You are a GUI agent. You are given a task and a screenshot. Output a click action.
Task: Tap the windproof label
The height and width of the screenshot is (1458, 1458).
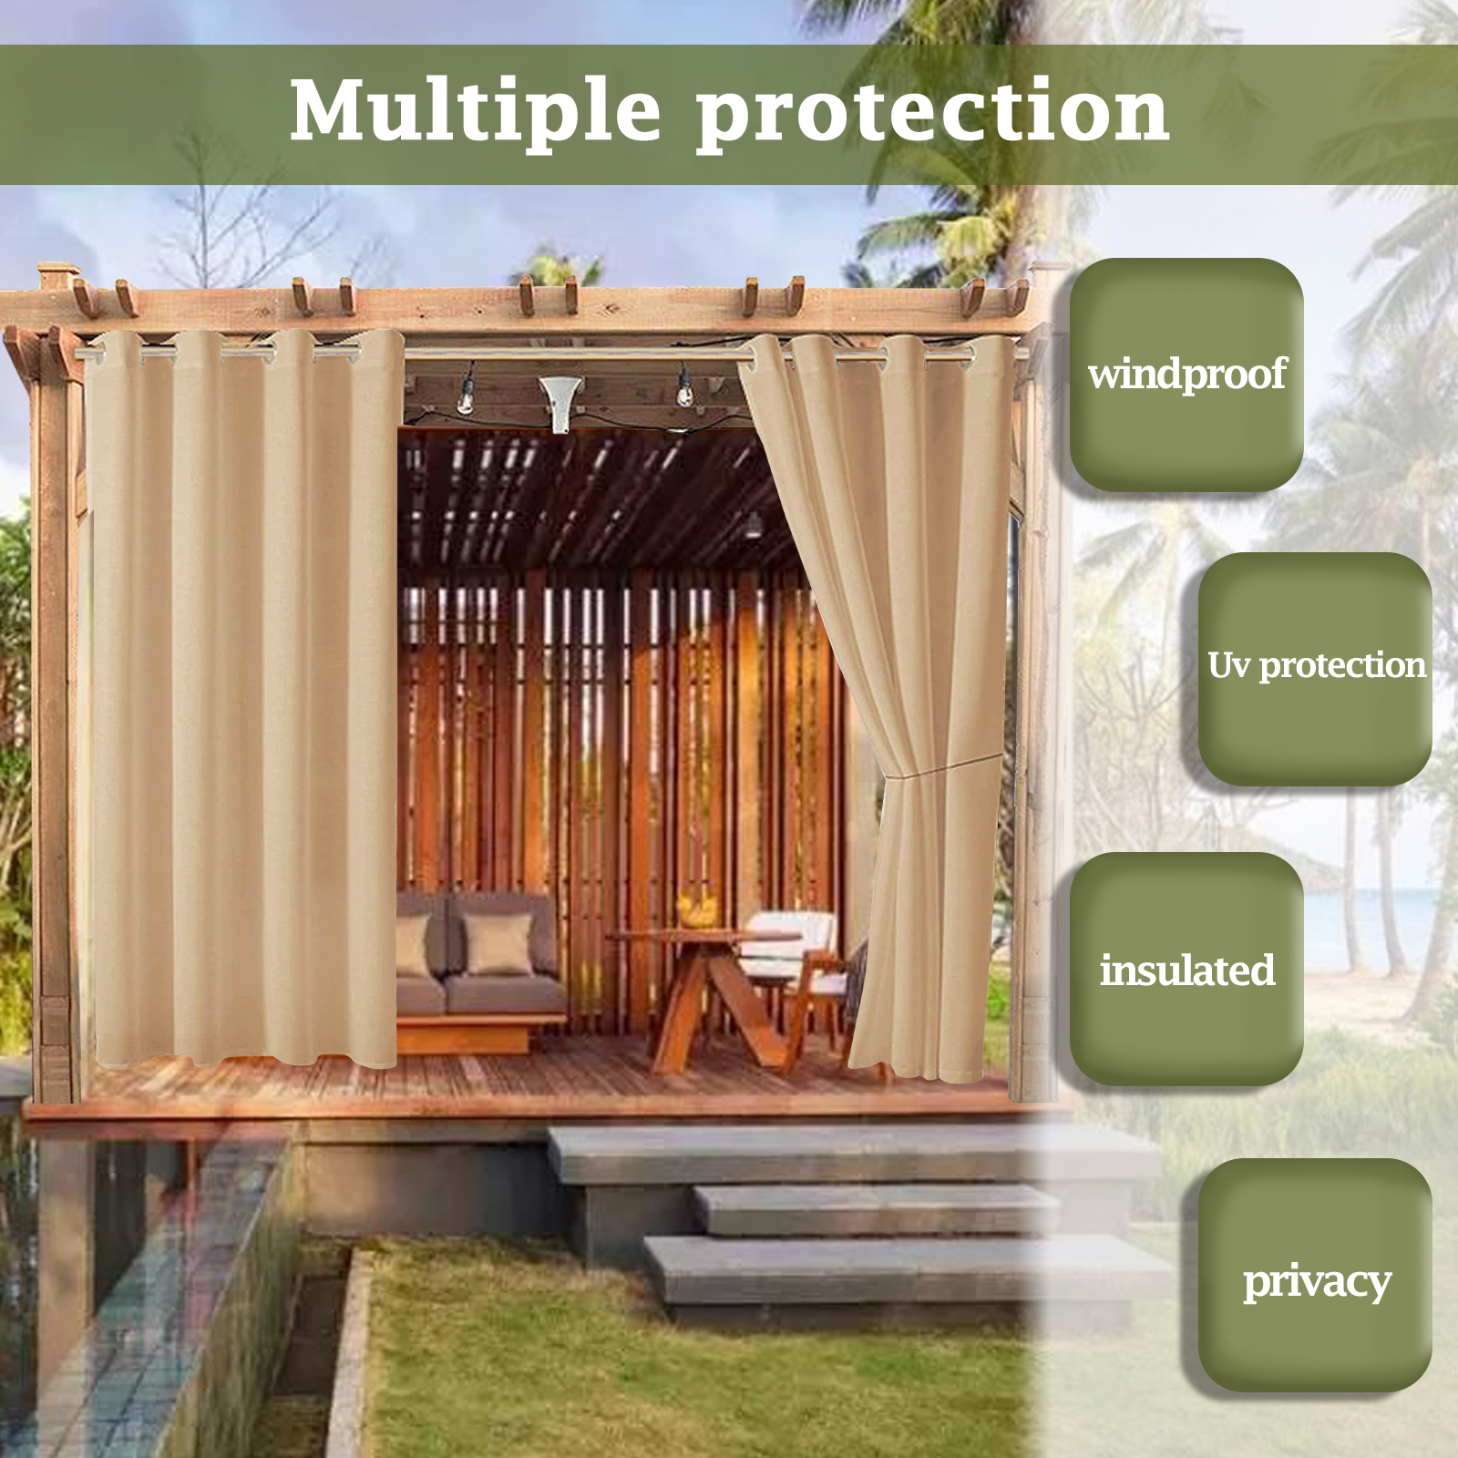1186,375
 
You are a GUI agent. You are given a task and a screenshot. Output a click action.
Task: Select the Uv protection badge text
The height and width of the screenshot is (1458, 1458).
1317,666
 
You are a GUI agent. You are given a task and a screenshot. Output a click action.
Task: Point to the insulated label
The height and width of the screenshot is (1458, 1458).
1186,970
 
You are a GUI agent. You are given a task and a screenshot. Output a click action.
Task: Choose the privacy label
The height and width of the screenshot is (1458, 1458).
1317,1283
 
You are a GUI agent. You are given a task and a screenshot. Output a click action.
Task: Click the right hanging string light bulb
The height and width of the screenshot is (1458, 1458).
683,390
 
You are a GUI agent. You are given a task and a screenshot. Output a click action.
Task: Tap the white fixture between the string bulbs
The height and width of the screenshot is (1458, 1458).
560,399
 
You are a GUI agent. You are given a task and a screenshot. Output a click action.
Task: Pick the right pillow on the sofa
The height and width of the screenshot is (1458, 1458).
498,944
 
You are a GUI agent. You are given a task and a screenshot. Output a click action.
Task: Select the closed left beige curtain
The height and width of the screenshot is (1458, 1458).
244,697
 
